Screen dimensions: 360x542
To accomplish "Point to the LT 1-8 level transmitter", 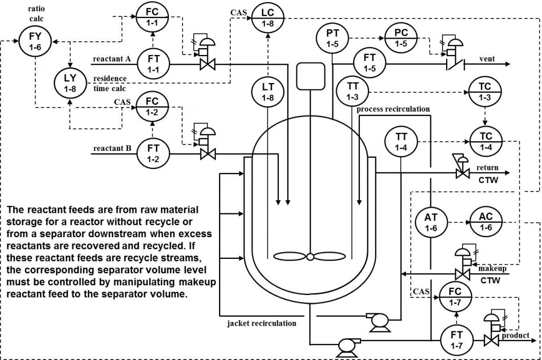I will pyautogui.click(x=268, y=91).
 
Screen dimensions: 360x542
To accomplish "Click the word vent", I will pyautogui.click(x=487, y=59).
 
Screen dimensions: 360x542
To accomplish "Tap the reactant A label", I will pyautogui.click(x=112, y=59).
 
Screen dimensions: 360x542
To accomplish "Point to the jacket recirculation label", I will pyautogui.click(x=262, y=322).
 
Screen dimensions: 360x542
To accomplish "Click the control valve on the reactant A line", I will pyautogui.click(x=204, y=66).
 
